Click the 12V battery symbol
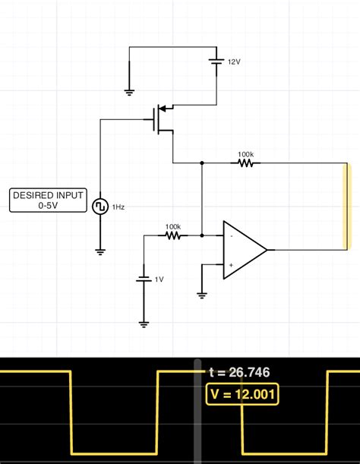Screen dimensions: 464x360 pyautogui.click(x=216, y=62)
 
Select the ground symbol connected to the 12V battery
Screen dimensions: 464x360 pyautogui.click(x=129, y=91)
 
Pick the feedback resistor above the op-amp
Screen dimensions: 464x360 pyautogui.click(x=245, y=163)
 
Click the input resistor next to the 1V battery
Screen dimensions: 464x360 pyautogui.click(x=172, y=235)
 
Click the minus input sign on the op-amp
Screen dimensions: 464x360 pyautogui.click(x=231, y=236)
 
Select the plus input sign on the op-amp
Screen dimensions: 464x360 pyautogui.click(x=231, y=264)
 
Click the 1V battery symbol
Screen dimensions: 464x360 pyautogui.click(x=144, y=279)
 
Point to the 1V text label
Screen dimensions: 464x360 pyautogui.click(x=159, y=279)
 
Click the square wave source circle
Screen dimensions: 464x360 pyautogui.click(x=99, y=207)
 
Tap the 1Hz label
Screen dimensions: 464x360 pyautogui.click(x=118, y=207)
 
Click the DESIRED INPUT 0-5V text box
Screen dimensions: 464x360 pyautogui.click(x=47, y=200)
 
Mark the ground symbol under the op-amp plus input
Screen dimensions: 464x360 pyautogui.click(x=202, y=295)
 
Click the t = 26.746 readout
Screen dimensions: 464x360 pyautogui.click(x=239, y=373)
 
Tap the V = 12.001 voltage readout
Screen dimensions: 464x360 pyautogui.click(x=242, y=394)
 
